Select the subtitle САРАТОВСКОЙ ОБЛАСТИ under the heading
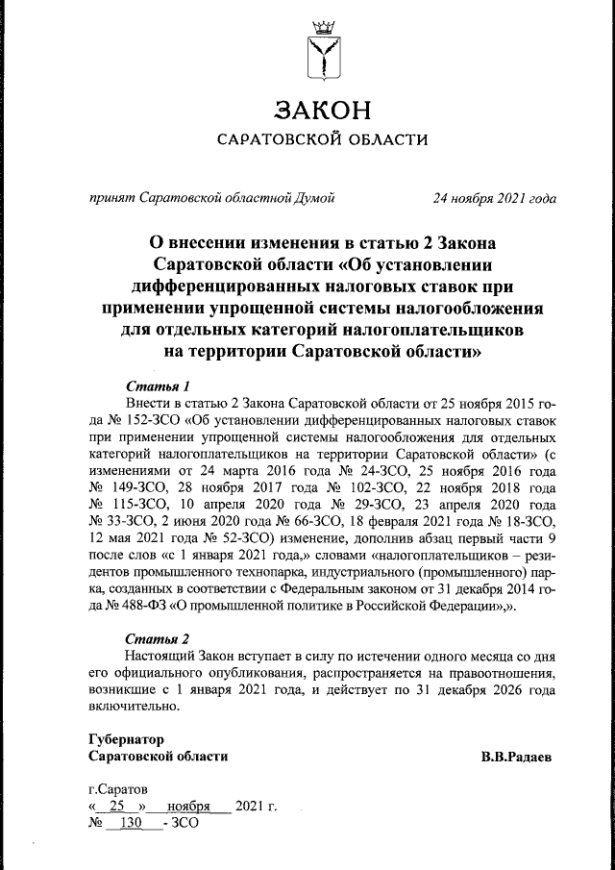[x=321, y=141]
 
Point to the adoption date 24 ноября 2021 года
[x=494, y=199]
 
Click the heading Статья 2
[x=151, y=639]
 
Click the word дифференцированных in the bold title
[x=249, y=286]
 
